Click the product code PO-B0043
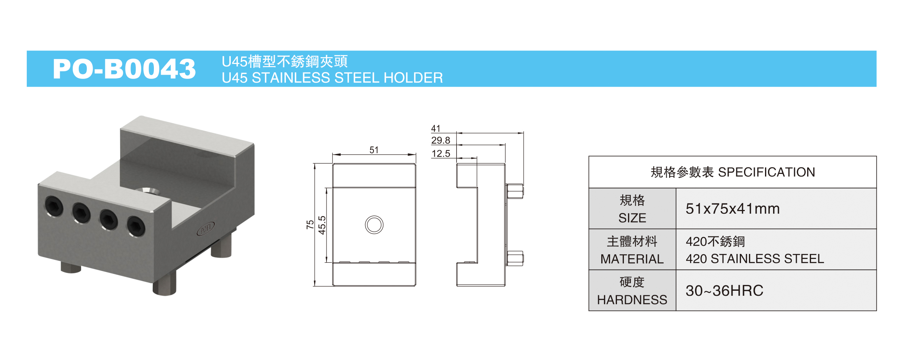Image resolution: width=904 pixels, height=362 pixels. (124, 69)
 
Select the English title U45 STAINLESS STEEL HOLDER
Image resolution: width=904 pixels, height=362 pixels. (332, 78)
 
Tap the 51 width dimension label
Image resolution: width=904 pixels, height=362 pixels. (374, 150)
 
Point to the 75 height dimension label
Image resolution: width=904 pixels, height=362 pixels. (310, 224)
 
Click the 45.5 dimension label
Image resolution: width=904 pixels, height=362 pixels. (322, 225)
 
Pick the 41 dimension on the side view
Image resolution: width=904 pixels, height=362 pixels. (436, 128)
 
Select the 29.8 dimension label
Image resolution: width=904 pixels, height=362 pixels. (441, 141)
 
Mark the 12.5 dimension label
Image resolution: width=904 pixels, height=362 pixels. (441, 154)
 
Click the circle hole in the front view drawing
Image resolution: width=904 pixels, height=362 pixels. (374, 225)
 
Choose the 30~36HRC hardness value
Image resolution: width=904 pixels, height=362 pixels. (724, 291)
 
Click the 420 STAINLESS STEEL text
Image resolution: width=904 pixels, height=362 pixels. (755, 259)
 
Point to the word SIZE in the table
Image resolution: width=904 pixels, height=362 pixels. (632, 218)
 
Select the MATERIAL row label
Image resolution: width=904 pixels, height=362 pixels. (632, 259)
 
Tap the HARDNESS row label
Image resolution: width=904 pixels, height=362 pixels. (632, 300)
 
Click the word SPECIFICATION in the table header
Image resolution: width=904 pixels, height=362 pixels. (766, 172)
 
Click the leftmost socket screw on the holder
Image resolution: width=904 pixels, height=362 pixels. (54, 206)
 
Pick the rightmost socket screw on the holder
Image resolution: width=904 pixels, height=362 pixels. (136, 226)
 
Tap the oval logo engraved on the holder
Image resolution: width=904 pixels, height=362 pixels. (206, 228)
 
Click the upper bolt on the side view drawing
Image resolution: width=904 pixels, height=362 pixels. (515, 191)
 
